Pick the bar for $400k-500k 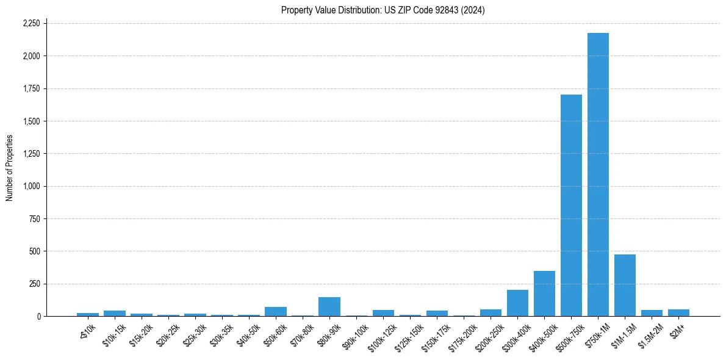(544, 293)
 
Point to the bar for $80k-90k (329, 307)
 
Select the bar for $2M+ (678, 313)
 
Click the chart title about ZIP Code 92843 (383, 10)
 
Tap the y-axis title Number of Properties (10, 168)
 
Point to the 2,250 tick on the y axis (31, 23)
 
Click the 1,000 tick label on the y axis (31, 186)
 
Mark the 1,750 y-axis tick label (31, 88)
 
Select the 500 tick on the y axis (35, 251)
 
